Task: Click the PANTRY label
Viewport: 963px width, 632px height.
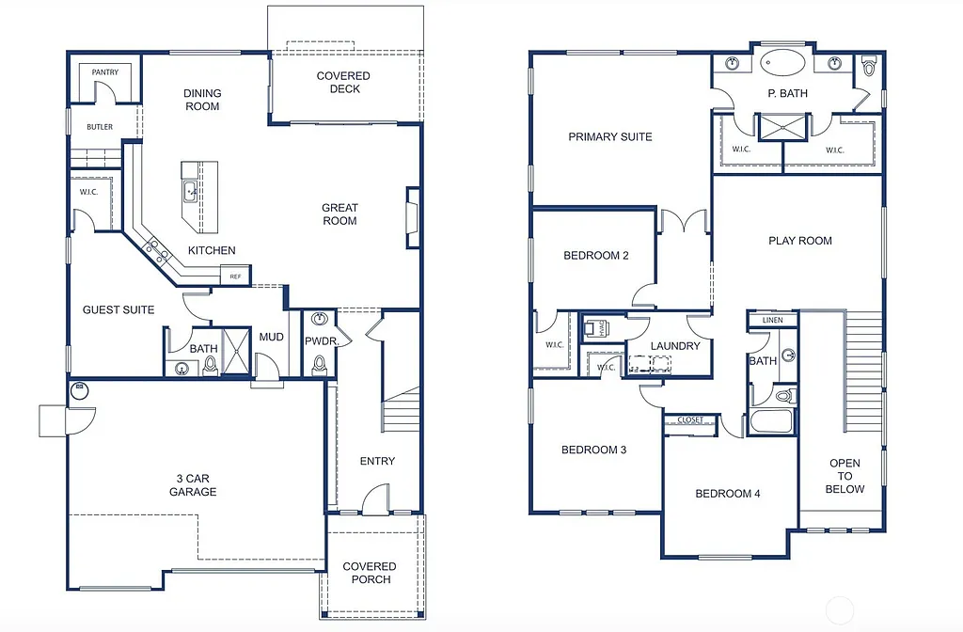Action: point(105,72)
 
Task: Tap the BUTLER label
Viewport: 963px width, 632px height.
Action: point(100,127)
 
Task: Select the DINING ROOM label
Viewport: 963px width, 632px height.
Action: point(202,100)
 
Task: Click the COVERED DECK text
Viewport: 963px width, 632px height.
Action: point(343,83)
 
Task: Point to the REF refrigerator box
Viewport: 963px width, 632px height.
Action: point(235,276)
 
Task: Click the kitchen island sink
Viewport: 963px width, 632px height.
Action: point(191,191)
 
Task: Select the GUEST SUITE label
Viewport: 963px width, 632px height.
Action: point(118,309)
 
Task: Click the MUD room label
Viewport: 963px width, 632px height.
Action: point(272,337)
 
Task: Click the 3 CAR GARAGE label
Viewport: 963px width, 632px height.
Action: point(193,485)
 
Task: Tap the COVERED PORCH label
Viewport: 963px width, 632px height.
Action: point(370,573)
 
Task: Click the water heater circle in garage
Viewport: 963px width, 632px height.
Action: point(79,389)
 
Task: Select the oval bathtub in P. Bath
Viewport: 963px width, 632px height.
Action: point(783,65)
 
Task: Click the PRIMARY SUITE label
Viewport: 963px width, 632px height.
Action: point(610,137)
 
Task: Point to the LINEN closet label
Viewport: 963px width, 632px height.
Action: point(772,321)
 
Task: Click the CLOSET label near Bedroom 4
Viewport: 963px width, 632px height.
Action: point(690,420)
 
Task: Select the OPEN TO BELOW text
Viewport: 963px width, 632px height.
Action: point(845,476)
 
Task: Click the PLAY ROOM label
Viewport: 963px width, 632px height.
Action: point(800,241)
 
